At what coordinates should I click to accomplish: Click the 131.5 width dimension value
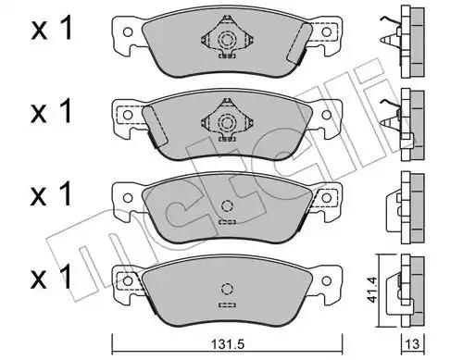(x=227, y=344)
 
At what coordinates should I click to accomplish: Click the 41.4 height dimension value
(x=372, y=290)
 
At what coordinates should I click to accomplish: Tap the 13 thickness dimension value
(x=413, y=344)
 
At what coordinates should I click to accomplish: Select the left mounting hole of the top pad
(x=128, y=32)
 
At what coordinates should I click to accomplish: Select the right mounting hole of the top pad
(x=326, y=32)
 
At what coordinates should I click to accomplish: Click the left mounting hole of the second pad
(x=128, y=115)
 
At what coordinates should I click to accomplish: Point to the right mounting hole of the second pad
(x=326, y=115)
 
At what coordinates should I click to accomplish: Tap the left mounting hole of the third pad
(x=128, y=198)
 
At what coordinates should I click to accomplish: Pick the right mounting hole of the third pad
(x=326, y=198)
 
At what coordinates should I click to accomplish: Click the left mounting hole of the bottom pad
(x=128, y=280)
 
